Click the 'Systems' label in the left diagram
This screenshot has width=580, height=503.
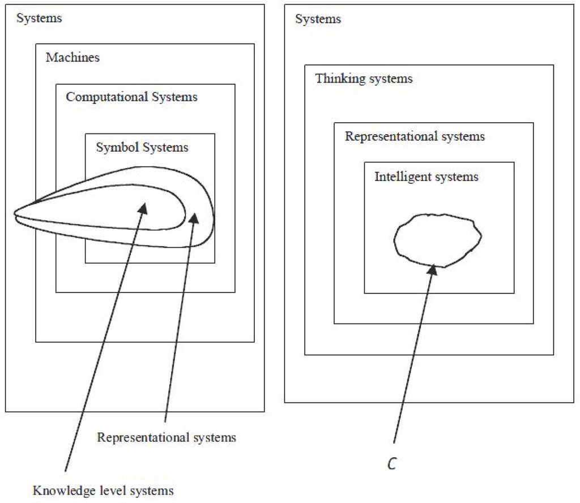pyautogui.click(x=39, y=19)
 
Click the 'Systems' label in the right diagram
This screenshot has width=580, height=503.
pyautogui.click(x=318, y=19)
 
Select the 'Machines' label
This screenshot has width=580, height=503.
pyautogui.click(x=72, y=58)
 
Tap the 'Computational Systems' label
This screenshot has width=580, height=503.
pyautogui.click(x=131, y=97)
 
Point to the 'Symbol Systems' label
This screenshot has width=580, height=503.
pyautogui.click(x=142, y=148)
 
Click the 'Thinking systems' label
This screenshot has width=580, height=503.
pyautogui.click(x=364, y=79)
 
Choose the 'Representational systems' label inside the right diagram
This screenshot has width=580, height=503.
pyautogui.click(x=415, y=136)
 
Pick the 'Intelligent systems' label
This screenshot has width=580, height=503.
pyautogui.click(x=426, y=177)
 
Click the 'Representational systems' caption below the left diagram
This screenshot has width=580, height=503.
pyautogui.click(x=167, y=437)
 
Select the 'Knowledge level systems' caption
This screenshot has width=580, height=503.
pyautogui.click(x=103, y=489)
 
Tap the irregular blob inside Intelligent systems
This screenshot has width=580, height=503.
pyautogui.click(x=437, y=240)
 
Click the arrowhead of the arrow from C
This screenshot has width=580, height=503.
pyautogui.click(x=432, y=270)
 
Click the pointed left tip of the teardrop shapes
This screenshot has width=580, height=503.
pyautogui.click(x=16, y=213)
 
